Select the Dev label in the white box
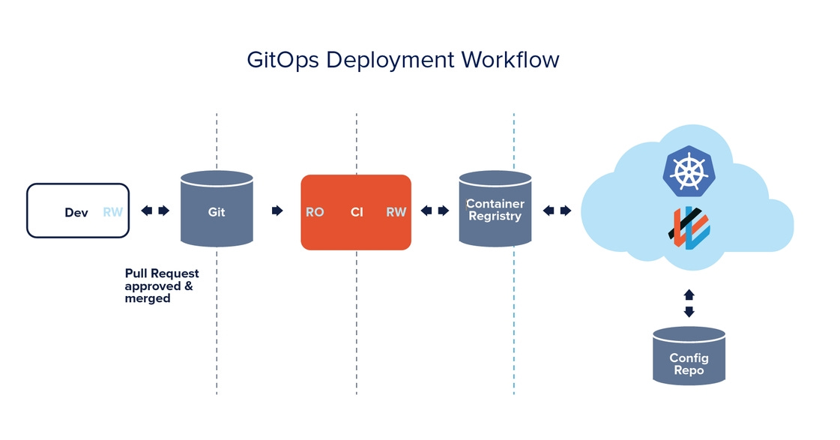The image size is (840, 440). pyautogui.click(x=76, y=212)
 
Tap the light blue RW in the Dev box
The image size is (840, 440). pyautogui.click(x=112, y=212)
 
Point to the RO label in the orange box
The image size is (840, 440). pyautogui.click(x=315, y=212)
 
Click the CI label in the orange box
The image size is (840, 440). pyautogui.click(x=357, y=212)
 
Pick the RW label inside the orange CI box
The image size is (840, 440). pyautogui.click(x=396, y=212)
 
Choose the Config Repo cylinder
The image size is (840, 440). pyautogui.click(x=689, y=357)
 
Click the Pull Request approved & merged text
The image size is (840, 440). pyautogui.click(x=161, y=286)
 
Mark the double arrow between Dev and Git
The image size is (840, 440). pyautogui.click(x=155, y=211)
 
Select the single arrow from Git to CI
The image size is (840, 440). pyautogui.click(x=277, y=211)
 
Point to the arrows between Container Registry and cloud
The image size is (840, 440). pyautogui.click(x=557, y=211)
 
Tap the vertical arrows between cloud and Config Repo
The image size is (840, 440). pyautogui.click(x=689, y=303)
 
